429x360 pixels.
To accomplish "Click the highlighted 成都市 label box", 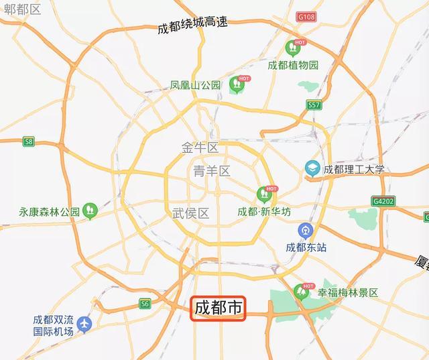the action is click(219, 308).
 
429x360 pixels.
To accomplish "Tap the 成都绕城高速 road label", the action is click(193, 25).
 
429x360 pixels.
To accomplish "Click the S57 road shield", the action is click(314, 105).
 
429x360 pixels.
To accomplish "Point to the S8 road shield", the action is click(28, 141).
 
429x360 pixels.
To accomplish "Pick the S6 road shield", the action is click(145, 304).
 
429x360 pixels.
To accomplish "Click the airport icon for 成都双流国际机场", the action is click(84, 324).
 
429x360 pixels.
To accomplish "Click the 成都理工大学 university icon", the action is click(312, 168).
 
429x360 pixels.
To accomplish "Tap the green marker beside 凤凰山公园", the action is click(236, 84).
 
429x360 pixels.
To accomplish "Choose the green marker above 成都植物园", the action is click(292, 48).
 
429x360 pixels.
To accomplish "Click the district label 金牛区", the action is click(200, 147).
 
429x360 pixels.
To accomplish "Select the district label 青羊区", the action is click(211, 171).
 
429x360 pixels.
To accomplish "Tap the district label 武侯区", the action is click(190, 213).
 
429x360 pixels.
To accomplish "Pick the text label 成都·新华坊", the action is click(264, 212).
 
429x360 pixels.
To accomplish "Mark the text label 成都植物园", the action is click(293, 65).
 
